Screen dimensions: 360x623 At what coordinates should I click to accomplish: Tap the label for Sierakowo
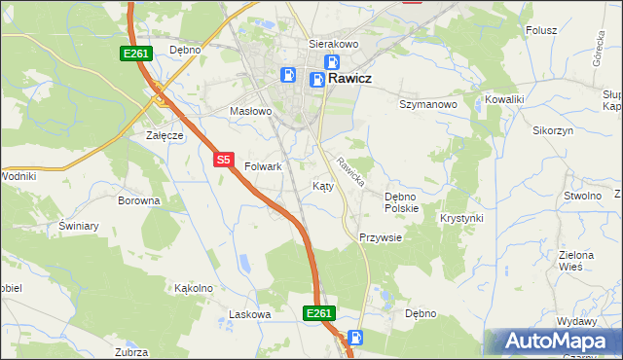(334, 44)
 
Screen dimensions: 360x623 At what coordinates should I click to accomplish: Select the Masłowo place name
(250, 111)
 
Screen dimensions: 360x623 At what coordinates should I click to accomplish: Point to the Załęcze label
(165, 135)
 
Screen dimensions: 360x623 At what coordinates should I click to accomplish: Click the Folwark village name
(263, 166)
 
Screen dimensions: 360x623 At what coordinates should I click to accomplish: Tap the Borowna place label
(138, 200)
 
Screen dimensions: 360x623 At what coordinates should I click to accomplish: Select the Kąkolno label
(193, 288)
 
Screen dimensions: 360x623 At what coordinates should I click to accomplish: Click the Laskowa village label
(248, 314)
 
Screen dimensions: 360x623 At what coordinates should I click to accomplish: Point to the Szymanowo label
(428, 103)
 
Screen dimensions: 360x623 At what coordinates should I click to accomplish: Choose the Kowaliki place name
(505, 99)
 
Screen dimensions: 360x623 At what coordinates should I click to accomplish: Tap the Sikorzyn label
(553, 129)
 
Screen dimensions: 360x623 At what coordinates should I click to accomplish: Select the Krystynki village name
(461, 218)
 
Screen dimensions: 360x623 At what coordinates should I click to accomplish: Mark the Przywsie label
(381, 237)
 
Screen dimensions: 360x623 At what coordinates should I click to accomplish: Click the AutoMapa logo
(554, 342)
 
